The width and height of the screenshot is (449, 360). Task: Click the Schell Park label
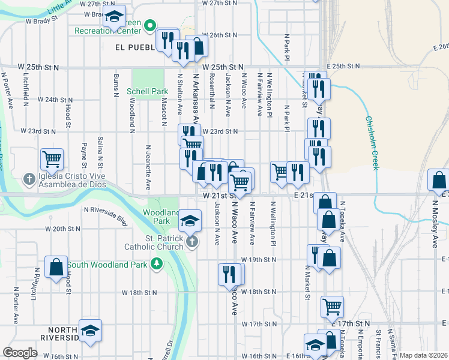(x=147, y=92)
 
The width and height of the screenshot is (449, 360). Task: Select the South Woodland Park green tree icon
(x=157, y=263)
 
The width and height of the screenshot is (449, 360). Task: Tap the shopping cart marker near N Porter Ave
(x=52, y=160)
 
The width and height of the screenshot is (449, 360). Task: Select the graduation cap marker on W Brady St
(x=114, y=17)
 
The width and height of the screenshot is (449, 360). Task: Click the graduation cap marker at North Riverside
(x=90, y=330)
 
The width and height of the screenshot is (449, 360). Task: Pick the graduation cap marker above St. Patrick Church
(x=190, y=220)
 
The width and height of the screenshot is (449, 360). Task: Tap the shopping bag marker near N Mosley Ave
(x=439, y=180)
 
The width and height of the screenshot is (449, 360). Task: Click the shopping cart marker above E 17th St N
(x=332, y=307)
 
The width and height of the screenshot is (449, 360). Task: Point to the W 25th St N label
(x=223, y=67)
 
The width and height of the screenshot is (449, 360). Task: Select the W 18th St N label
(x=139, y=293)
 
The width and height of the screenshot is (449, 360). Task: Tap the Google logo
(x=20, y=353)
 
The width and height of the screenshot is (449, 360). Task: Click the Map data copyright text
(x=423, y=355)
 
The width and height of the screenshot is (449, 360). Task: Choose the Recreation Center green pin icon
(x=150, y=26)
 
